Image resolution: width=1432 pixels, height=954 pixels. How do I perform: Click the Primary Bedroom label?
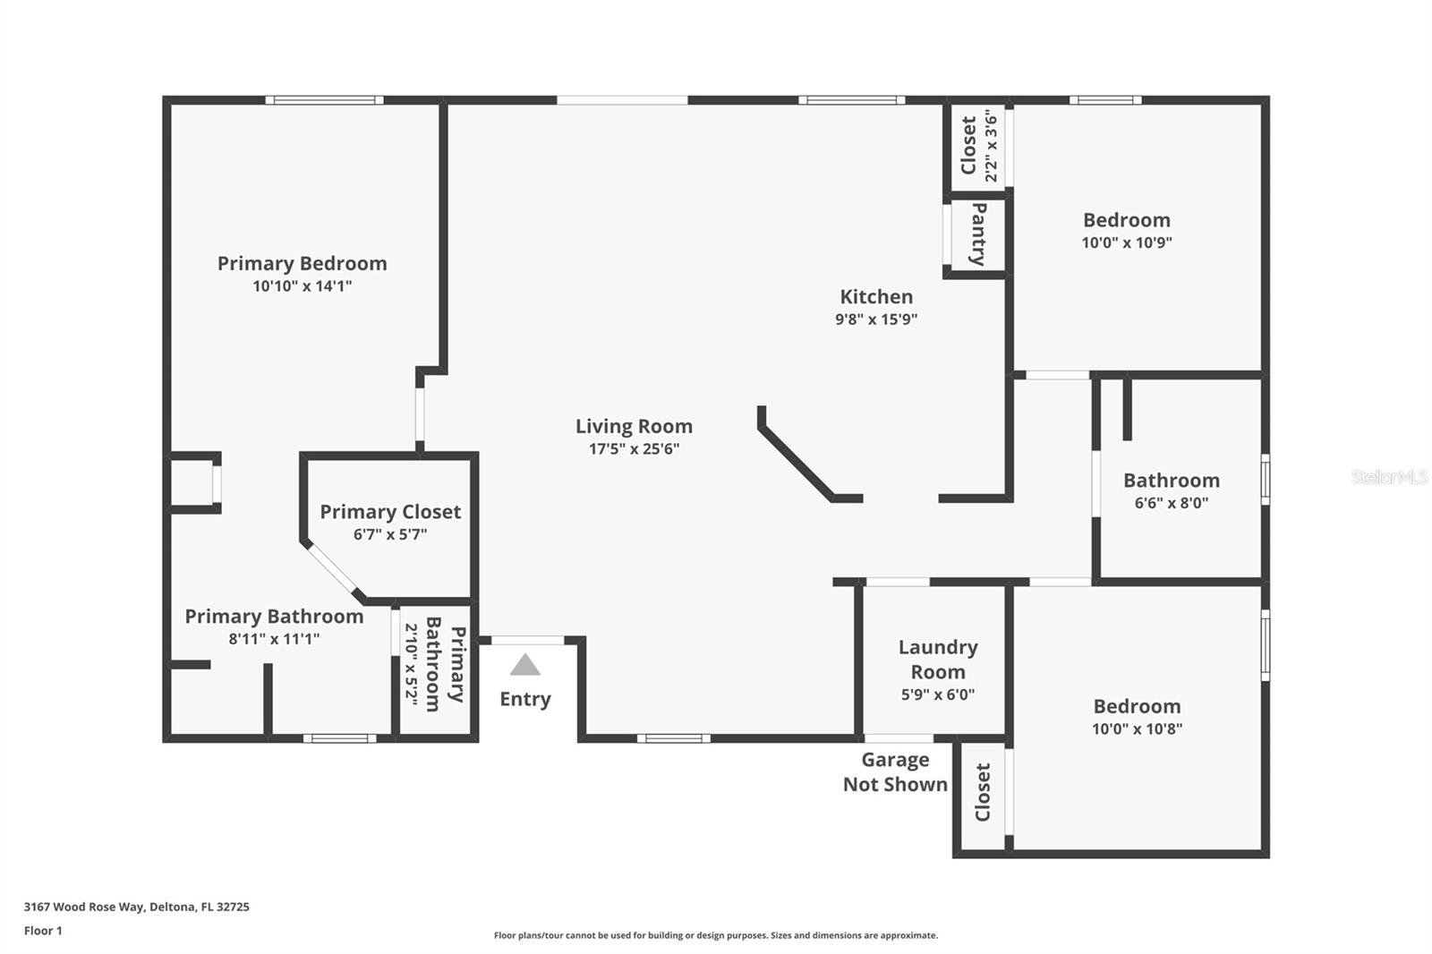point(302,263)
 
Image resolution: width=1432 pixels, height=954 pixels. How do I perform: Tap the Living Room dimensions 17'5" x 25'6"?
point(634,449)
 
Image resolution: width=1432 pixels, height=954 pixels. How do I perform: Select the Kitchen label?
point(875,296)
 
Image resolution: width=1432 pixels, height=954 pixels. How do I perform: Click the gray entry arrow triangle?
point(525,665)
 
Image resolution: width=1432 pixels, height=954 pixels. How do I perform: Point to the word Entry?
point(525,699)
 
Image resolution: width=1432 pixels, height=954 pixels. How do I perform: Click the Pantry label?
point(978,234)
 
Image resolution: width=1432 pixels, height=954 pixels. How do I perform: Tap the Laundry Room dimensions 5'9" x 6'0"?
point(937,694)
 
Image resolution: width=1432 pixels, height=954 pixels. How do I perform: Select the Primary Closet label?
point(390,512)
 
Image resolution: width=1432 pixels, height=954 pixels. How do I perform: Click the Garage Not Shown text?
point(895,771)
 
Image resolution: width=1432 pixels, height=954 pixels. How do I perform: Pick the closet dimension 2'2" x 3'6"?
point(991,146)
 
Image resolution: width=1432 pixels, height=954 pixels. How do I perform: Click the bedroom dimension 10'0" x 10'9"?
point(1127,243)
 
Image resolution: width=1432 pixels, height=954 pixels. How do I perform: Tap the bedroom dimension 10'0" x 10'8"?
point(1137,729)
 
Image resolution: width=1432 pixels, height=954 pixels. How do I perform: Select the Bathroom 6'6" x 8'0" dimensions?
point(1172,503)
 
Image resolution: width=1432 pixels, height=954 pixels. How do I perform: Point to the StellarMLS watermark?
point(1389,477)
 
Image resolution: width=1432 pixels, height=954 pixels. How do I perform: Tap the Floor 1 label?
point(43,931)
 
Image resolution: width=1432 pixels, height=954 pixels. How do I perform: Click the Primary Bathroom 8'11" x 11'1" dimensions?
point(274,639)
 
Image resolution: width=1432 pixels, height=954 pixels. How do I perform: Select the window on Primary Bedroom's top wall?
point(324,100)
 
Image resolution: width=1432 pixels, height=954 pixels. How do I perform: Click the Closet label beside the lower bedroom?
point(982,792)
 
